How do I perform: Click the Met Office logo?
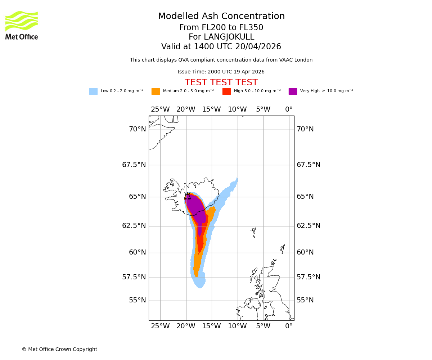pyautogui.click(x=22, y=25)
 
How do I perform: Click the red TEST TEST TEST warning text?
pyautogui.click(x=221, y=83)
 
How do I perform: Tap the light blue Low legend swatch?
pyautogui.click(x=93, y=91)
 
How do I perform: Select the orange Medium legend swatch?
pyautogui.click(x=156, y=91)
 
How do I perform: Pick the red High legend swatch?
pyautogui.click(x=226, y=91)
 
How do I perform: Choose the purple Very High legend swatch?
pyautogui.click(x=293, y=91)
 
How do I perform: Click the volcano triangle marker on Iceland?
pyautogui.click(x=187, y=196)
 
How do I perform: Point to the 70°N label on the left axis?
pyautogui.click(x=138, y=129)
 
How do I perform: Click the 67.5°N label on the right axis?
pyautogui.click(x=309, y=165)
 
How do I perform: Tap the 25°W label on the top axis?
pyautogui.click(x=160, y=109)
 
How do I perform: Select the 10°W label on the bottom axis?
pyautogui.click(x=237, y=326)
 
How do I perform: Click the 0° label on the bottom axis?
pyautogui.click(x=289, y=326)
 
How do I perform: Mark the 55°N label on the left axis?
pyautogui.click(x=138, y=300)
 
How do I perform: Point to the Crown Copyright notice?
pyautogui.click(x=59, y=349)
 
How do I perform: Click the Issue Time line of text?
pyautogui.click(x=221, y=72)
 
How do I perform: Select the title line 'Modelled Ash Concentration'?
pyautogui.click(x=221, y=17)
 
